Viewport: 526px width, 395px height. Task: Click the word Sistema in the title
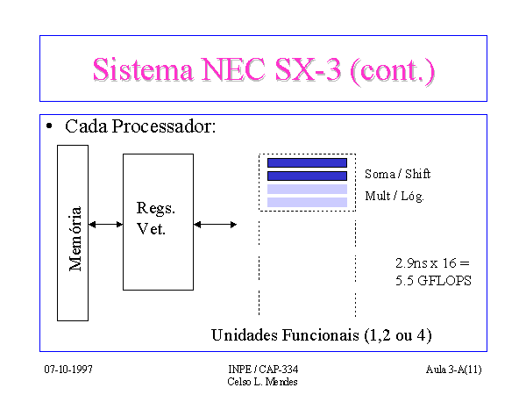tap(143, 69)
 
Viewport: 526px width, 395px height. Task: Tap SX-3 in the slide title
tap(308, 69)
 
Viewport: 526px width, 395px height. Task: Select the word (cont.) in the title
tap(392, 71)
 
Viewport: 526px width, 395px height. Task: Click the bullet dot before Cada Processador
tap(49, 126)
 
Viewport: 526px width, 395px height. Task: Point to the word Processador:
tap(164, 126)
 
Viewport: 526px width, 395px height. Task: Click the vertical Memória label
tap(75, 239)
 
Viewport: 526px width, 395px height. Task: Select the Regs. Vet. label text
tap(156, 219)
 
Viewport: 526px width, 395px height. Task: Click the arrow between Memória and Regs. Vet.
tap(106, 225)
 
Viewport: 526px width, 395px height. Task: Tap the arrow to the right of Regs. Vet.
tap(216, 225)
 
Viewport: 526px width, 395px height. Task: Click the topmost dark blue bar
tap(307, 163)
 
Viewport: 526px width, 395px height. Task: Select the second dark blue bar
tap(307, 176)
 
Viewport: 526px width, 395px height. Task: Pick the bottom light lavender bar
tap(307, 202)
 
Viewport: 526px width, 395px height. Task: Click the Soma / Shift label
tap(397, 174)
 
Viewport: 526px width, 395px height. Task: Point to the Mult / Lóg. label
tap(394, 196)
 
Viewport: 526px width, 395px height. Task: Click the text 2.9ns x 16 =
tap(432, 263)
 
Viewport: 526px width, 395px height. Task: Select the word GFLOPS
tap(444, 281)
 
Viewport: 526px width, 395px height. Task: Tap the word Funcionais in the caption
tap(320, 335)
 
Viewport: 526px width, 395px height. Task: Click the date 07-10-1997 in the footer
tap(68, 370)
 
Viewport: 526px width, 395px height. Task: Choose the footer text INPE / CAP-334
tap(263, 370)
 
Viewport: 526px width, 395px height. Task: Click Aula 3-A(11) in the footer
tap(454, 370)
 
